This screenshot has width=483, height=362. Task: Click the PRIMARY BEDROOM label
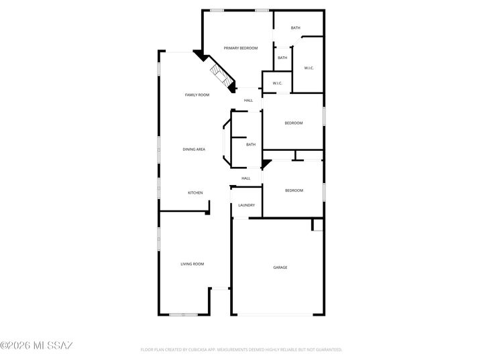[241, 48]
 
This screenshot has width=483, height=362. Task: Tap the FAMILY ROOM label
[197, 95]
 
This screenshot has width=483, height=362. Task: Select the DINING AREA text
[194, 149]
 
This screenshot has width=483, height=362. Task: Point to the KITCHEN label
[195, 193]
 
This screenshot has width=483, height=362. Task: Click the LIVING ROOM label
[193, 264]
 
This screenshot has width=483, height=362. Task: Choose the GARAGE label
[280, 267]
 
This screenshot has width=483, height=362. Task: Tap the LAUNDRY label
[246, 205]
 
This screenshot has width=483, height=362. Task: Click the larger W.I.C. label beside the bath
[309, 68]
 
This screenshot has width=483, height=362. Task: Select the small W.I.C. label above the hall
[277, 83]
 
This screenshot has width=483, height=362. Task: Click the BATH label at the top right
[295, 28]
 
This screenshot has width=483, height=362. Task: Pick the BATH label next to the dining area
[251, 145]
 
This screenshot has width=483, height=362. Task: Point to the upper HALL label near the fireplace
[248, 101]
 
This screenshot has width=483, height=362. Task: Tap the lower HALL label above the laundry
[246, 178]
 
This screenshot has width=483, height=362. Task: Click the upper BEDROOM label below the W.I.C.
[294, 123]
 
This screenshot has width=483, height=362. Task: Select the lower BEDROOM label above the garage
[294, 190]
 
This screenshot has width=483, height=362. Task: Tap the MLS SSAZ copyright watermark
[37, 345]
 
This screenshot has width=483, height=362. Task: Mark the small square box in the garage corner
[317, 225]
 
